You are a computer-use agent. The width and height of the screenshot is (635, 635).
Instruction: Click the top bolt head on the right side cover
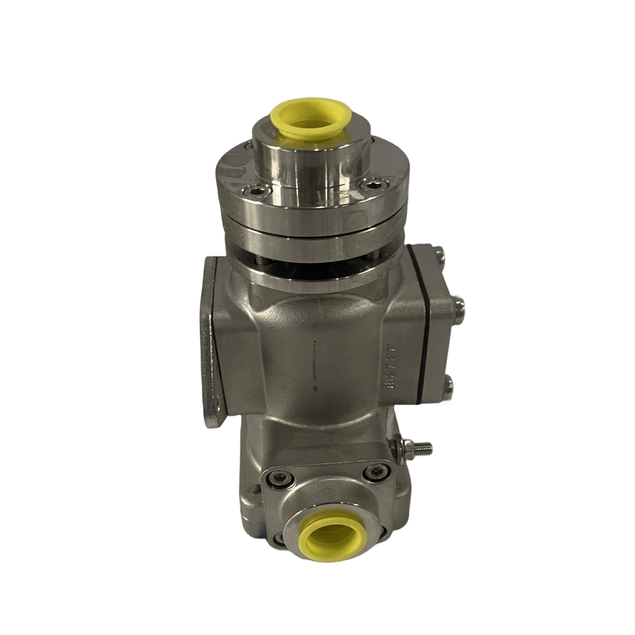(x=440, y=254)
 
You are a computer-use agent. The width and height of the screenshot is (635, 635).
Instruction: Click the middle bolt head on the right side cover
(x=460, y=306)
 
